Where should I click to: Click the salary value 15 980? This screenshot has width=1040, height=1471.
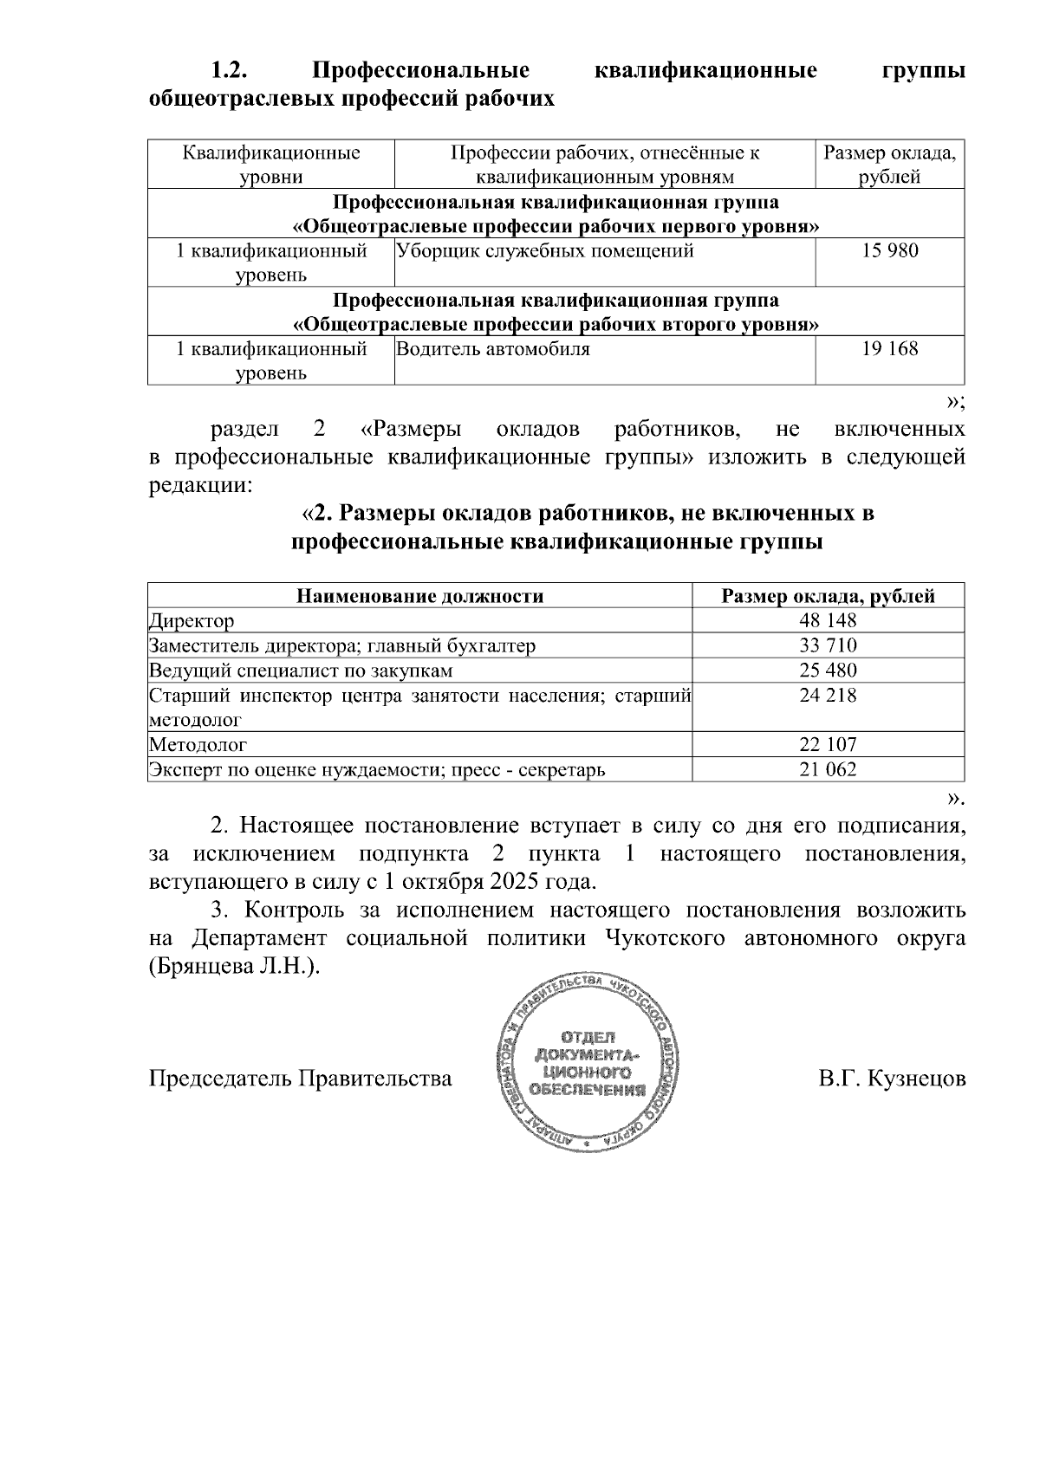click(890, 251)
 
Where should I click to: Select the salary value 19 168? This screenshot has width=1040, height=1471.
click(890, 349)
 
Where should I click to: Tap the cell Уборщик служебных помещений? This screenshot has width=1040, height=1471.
click(545, 251)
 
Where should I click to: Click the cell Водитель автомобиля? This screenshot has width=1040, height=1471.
click(493, 349)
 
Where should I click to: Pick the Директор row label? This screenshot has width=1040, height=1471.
click(192, 621)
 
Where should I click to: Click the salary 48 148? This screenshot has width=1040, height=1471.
click(828, 620)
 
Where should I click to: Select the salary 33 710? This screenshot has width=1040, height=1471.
click(828, 645)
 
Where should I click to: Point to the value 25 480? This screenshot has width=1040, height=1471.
click(828, 671)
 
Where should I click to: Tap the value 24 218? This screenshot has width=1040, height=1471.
click(828, 695)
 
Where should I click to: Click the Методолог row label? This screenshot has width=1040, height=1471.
click(198, 744)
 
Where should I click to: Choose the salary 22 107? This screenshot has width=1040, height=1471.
click(828, 744)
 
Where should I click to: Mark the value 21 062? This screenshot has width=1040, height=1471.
click(828, 769)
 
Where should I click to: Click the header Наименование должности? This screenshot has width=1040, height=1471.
click(420, 596)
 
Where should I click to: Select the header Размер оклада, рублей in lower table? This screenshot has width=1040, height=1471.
click(828, 596)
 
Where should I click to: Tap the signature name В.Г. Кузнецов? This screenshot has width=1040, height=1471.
click(892, 1079)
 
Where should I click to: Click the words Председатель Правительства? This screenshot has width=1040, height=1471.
click(301, 1079)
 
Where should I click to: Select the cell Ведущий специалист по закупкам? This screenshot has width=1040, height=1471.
click(301, 671)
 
